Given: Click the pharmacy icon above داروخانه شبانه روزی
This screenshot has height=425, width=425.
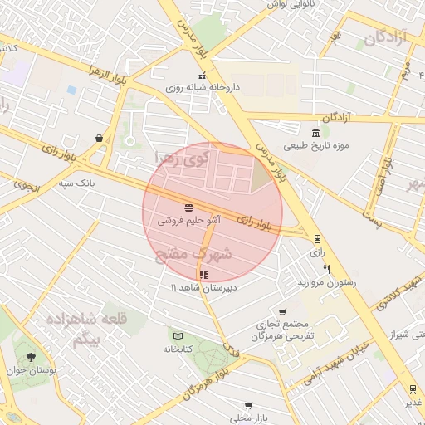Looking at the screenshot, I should [201, 76].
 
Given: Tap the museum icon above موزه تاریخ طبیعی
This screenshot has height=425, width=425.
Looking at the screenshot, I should [315, 134].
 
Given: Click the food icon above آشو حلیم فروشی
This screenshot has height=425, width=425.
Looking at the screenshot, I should [188, 207].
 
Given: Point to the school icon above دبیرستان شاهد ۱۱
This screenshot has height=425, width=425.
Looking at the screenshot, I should [203, 275].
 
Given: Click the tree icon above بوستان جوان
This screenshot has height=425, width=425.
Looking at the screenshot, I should [32, 358].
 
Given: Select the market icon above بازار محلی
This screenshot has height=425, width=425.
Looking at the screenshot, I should [247, 406].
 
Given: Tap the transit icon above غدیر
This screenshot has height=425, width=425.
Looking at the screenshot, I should [412, 388].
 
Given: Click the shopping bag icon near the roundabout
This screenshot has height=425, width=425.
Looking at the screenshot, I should [100, 138].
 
